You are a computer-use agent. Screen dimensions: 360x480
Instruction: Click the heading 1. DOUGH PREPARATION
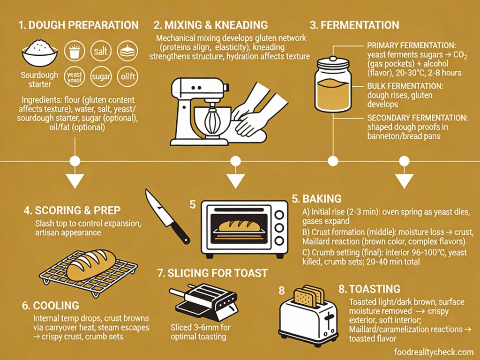(x=78, y=25)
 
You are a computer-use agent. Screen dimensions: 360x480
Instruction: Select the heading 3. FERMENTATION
(x=355, y=25)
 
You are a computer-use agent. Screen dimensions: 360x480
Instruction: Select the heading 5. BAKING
(x=316, y=198)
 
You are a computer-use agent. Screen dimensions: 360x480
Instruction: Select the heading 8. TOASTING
(x=369, y=289)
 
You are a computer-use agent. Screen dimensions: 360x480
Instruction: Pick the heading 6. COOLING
(x=51, y=306)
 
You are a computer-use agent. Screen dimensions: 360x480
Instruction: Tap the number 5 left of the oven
(x=192, y=204)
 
